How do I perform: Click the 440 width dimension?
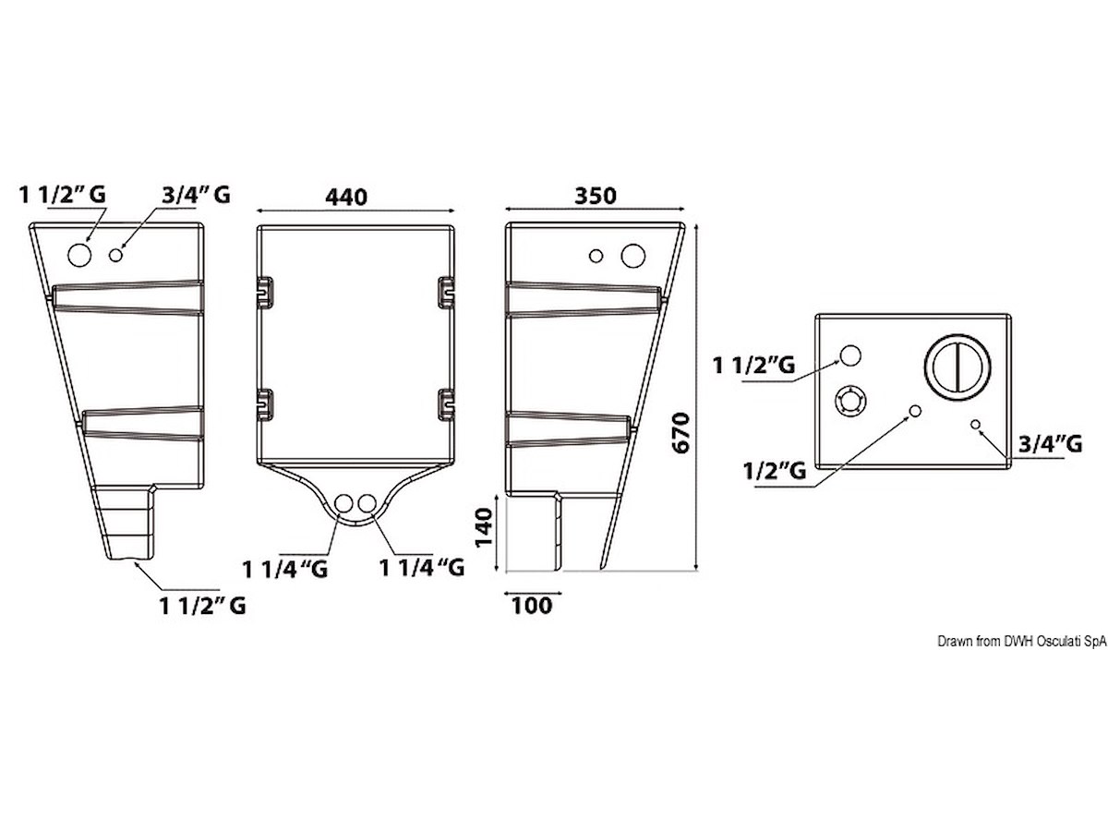click(x=345, y=197)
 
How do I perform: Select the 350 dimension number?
click(x=596, y=196)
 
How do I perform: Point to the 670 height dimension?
click(x=681, y=432)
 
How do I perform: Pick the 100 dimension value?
click(x=532, y=605)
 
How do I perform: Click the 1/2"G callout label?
click(x=775, y=471)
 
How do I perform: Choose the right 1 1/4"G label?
click(x=422, y=568)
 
